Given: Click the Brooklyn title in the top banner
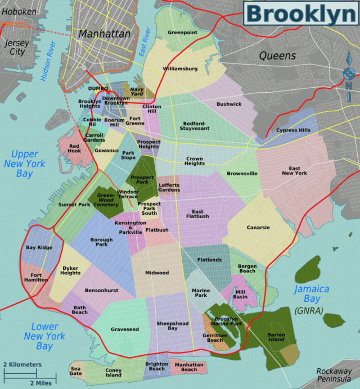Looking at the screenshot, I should pyautogui.click(x=300, y=13).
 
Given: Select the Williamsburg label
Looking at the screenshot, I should pyautogui.click(x=180, y=69).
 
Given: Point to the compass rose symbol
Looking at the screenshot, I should pyautogui.click(x=349, y=74).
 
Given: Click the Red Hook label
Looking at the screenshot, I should pyautogui.click(x=75, y=149).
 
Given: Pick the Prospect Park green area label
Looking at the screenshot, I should pyautogui.click(x=142, y=180).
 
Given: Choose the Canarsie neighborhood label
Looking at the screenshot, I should pyautogui.click(x=258, y=228).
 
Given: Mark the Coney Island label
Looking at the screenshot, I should pyautogui.click(x=113, y=373).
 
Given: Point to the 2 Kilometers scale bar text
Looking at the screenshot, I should pyautogui.click(x=22, y=365).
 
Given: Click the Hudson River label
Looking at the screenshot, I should pyautogui.click(x=48, y=62).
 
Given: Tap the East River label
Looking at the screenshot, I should pyautogui.click(x=144, y=42).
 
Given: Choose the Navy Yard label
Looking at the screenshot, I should pyautogui.click(x=137, y=91).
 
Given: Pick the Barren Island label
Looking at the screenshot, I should pyautogui.click(x=276, y=337).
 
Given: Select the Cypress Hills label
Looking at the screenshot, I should pyautogui.click(x=293, y=130).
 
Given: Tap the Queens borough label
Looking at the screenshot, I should pyautogui.click(x=277, y=56).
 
